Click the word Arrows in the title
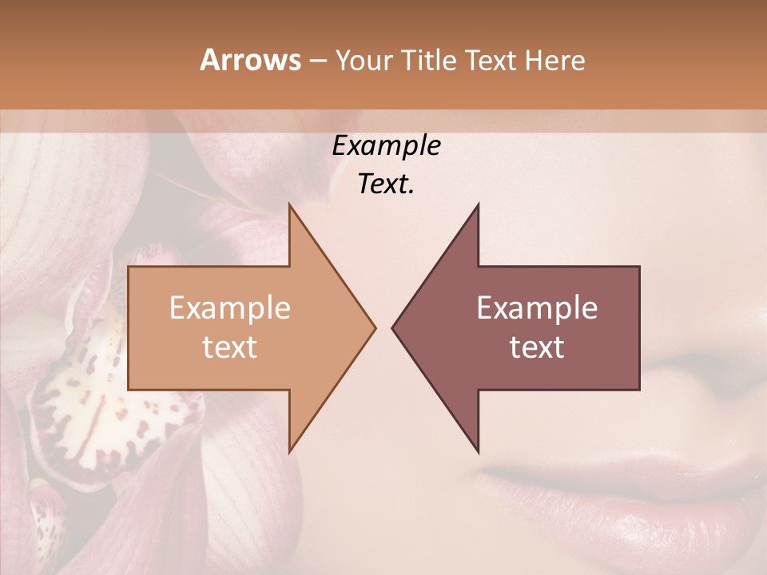click(249, 61)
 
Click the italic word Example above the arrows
click(386, 146)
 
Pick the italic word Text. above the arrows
click(386, 184)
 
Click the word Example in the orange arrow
click(229, 308)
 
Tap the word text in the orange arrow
click(229, 347)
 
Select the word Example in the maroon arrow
click(537, 308)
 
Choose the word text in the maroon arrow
click(537, 347)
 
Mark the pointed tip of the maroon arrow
click(393, 327)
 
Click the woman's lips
click(623, 495)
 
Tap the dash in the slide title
click(317, 61)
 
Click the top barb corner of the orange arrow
click(289, 204)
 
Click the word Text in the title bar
click(493, 61)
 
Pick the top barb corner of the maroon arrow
click(478, 204)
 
